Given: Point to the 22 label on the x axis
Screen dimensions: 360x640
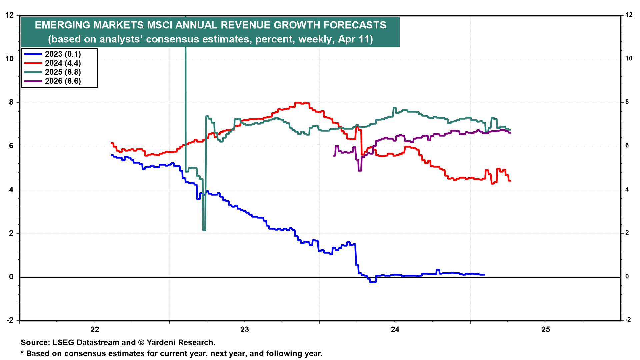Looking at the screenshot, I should click(95, 330).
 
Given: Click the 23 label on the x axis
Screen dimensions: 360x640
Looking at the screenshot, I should click(245, 330).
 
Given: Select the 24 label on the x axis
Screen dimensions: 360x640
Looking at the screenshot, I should click(395, 330).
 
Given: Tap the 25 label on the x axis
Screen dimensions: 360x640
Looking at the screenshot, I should click(546, 330).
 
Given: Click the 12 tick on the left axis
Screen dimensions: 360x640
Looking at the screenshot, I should click(10, 15).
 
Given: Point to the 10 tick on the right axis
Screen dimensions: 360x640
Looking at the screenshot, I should click(629, 59).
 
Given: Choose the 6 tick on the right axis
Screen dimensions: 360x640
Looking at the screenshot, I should click(627, 146).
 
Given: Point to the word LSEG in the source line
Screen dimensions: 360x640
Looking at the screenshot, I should click(63, 343).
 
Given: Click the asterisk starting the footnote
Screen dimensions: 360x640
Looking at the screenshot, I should click(22, 353).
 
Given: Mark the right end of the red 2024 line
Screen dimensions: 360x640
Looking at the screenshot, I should click(510, 181).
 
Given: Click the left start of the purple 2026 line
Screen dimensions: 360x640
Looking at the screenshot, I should click(334, 155).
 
